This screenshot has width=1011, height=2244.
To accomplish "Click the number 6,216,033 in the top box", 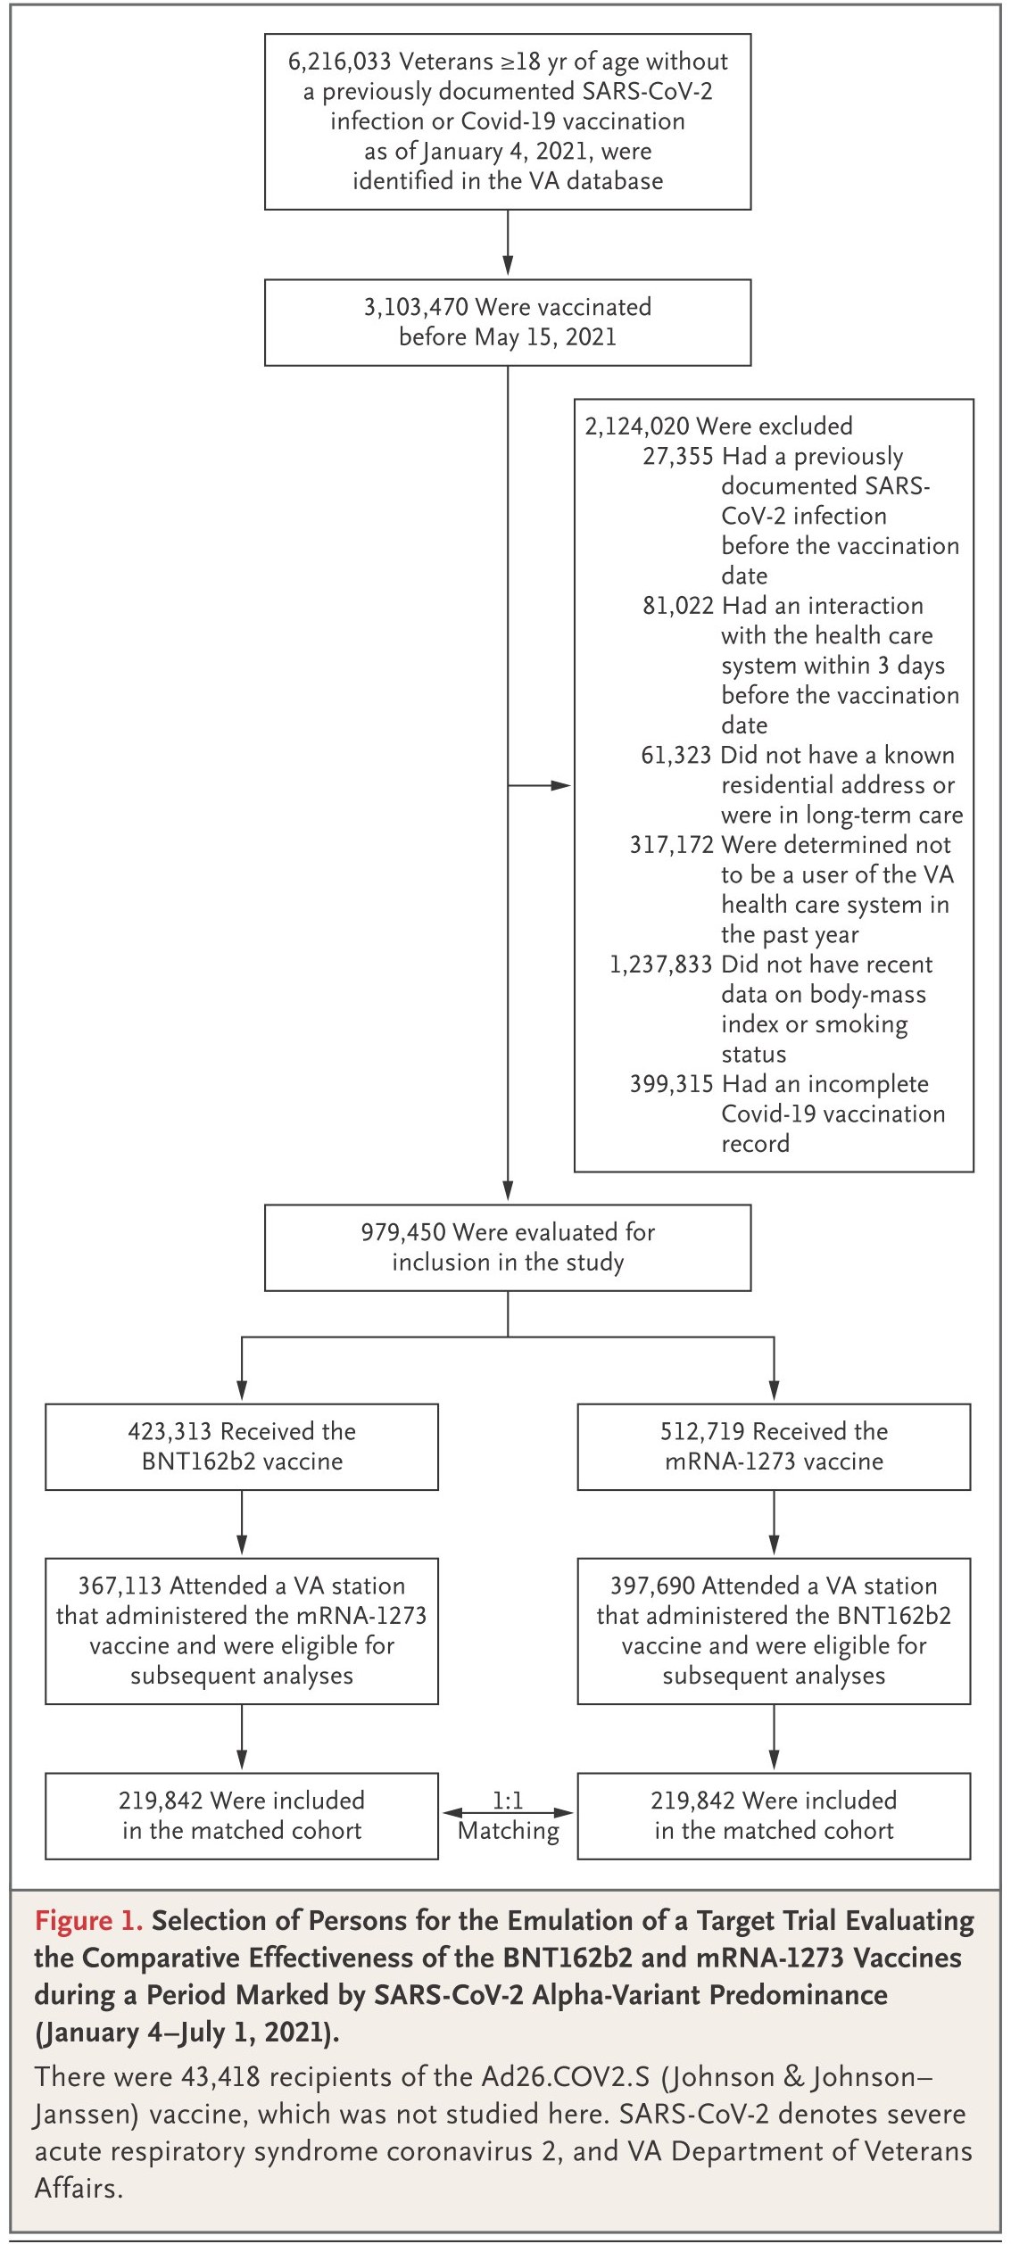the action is click(x=339, y=62).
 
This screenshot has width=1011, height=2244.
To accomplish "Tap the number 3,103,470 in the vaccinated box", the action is click(x=416, y=307).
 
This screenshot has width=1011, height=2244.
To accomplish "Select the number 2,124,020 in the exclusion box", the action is click(x=637, y=426).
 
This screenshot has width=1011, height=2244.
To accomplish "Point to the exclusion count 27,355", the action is click(x=678, y=457).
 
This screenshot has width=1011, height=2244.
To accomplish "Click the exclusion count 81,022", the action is click(x=678, y=606).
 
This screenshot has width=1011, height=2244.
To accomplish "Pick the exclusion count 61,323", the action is click(x=676, y=756).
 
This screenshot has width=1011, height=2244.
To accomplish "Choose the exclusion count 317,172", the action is click(x=672, y=845).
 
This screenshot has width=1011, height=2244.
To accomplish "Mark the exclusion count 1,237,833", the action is click(x=661, y=965).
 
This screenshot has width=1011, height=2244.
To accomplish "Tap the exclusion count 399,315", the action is click(x=672, y=1084).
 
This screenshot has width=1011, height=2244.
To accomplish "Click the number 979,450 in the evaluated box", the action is click(x=403, y=1232).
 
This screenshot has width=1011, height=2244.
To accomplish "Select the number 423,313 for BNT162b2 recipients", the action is click(x=170, y=1431).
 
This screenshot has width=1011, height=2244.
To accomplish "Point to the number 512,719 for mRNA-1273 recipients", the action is click(x=702, y=1431).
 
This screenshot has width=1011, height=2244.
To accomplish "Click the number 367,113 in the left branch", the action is click(x=120, y=1586).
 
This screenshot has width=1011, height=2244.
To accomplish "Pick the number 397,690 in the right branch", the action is click(x=652, y=1586).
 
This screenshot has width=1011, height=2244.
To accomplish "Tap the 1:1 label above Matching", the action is click(x=508, y=1801).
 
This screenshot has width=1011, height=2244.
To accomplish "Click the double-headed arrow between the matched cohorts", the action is click(x=508, y=1813).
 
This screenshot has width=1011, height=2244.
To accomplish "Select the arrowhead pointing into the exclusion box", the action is click(x=561, y=786).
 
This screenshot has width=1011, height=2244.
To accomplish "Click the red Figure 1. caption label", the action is click(x=88, y=1920).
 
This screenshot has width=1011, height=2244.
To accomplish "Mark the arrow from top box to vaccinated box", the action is click(x=508, y=243).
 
